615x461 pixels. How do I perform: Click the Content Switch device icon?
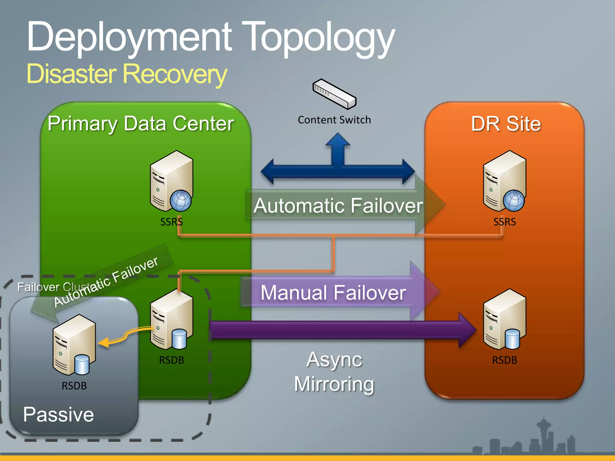(334, 94)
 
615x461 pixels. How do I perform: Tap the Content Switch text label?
(334, 120)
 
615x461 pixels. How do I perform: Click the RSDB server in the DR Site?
(504, 319)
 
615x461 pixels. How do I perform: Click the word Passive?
(59, 414)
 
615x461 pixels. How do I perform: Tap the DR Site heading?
(506, 124)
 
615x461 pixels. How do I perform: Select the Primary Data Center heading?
(141, 124)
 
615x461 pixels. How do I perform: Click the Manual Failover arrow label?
(333, 293)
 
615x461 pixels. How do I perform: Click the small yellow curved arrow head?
(104, 343)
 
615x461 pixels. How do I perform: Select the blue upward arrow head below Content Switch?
(338, 140)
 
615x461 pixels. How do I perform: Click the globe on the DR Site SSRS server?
(514, 200)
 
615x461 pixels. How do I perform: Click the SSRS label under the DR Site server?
(504, 222)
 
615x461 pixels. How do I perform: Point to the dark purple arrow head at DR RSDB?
(468, 330)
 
